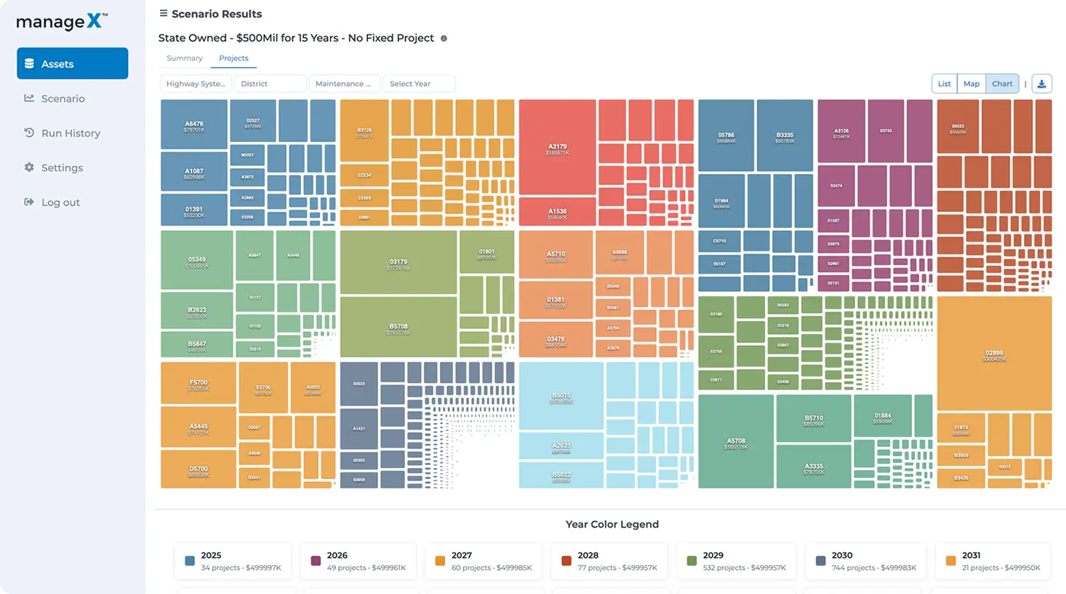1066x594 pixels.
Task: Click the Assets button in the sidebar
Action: pos(72,63)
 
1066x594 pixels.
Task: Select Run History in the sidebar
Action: pos(71,133)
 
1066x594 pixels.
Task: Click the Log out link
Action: pos(60,202)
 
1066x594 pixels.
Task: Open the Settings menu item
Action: pos(62,167)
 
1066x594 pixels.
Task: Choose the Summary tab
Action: pos(184,58)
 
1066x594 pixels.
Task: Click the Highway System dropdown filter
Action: pos(196,84)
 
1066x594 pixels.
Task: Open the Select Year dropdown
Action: pos(419,84)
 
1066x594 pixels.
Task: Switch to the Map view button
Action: pos(971,84)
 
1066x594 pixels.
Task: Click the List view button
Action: pos(944,84)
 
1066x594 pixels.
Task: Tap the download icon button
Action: pos(1041,84)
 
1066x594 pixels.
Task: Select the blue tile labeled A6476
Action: pos(194,125)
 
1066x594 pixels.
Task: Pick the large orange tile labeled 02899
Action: pos(994,354)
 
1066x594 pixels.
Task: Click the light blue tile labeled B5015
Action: pos(561,397)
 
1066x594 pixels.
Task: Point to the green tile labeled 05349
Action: pos(197,261)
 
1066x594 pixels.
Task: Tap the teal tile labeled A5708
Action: pos(735,442)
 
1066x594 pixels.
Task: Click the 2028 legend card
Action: pos(609,561)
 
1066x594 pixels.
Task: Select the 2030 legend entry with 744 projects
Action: pos(865,561)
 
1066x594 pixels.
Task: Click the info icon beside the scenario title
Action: pos(444,39)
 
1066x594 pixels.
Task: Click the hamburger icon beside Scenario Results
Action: pos(164,13)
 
